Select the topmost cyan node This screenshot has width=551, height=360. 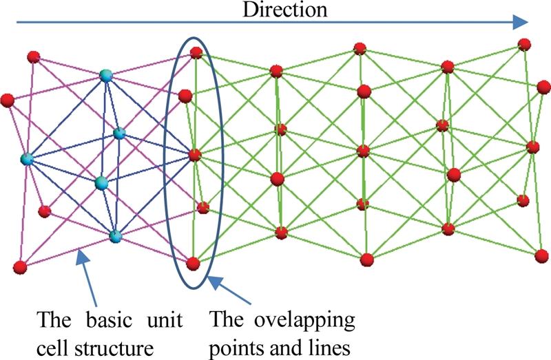tap(106, 76)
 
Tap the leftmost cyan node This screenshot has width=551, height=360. tap(27, 160)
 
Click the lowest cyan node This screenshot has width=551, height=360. tap(115, 236)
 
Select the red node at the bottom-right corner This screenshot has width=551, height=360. tap(541, 255)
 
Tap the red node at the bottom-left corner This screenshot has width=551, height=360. tap(20, 266)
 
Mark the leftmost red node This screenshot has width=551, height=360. tap(8, 100)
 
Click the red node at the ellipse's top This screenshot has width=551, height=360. tap(196, 52)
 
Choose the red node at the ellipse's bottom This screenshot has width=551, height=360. tap(194, 262)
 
